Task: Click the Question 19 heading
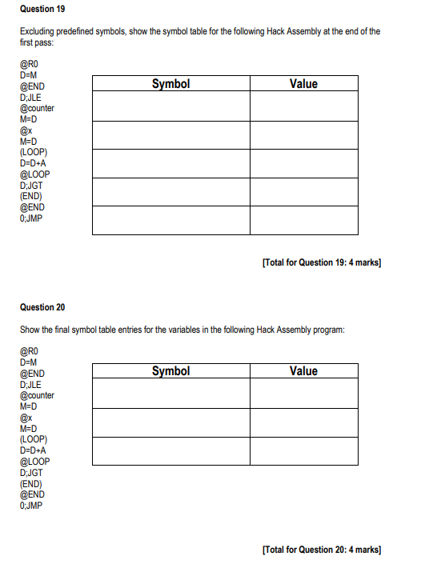click(42, 9)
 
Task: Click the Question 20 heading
click(42, 307)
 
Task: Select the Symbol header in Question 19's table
click(170, 83)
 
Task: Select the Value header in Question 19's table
click(303, 83)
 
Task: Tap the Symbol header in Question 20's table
click(170, 370)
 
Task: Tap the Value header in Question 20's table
click(303, 370)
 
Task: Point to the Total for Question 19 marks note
click(321, 262)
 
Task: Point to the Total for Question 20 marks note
click(321, 550)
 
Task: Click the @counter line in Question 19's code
click(37, 108)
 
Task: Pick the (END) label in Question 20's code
click(31, 483)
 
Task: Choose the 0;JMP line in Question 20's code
click(32, 506)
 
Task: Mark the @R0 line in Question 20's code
click(29, 351)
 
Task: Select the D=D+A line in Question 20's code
click(34, 450)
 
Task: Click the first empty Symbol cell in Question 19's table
click(170, 106)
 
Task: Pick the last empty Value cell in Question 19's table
click(303, 220)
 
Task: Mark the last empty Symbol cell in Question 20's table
click(170, 450)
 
